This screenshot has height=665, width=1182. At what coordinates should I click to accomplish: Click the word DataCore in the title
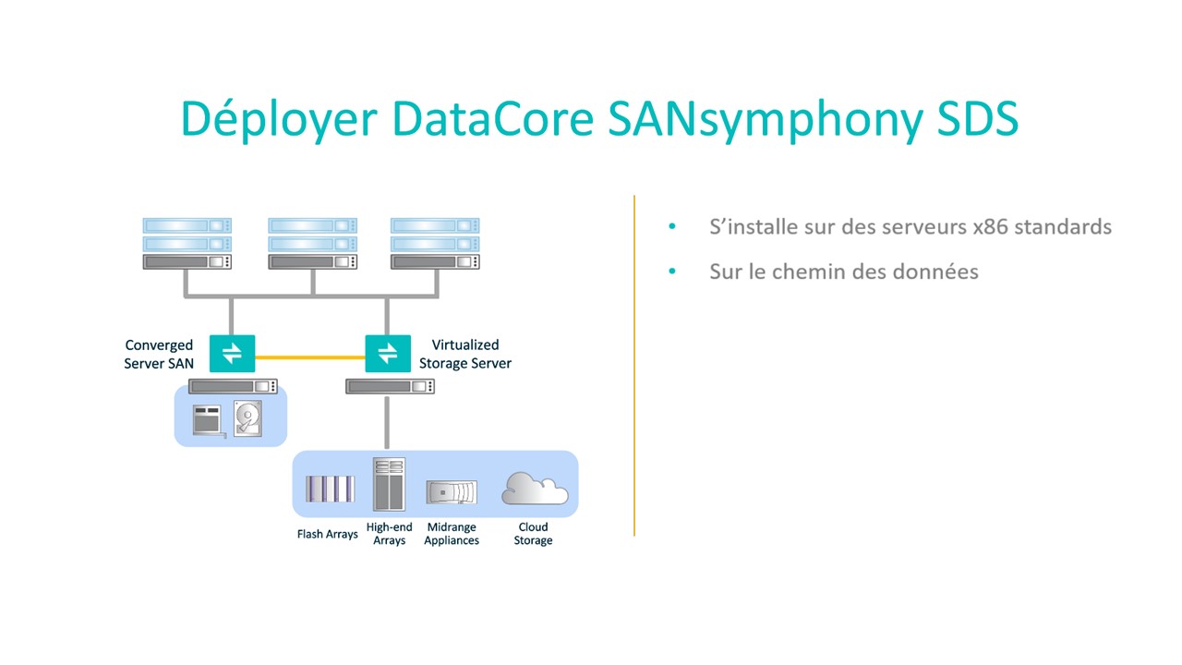click(x=493, y=118)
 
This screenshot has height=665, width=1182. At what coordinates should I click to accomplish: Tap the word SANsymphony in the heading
click(x=766, y=121)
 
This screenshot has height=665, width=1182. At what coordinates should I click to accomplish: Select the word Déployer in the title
click(x=279, y=120)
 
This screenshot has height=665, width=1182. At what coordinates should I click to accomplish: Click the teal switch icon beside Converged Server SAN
click(x=232, y=354)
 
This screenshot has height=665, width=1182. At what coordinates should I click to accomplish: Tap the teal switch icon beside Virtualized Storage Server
click(x=388, y=354)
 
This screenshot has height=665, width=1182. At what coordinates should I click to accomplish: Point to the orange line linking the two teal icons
click(x=310, y=357)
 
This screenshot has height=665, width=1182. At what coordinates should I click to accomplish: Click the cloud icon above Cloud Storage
click(x=535, y=489)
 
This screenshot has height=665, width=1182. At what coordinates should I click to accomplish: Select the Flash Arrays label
click(x=327, y=534)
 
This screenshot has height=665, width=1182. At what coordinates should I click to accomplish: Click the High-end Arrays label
click(x=389, y=534)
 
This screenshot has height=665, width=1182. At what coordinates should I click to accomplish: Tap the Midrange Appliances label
click(x=452, y=534)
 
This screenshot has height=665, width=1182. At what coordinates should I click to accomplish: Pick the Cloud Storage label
click(x=533, y=534)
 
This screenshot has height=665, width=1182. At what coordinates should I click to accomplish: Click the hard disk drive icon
click(x=247, y=418)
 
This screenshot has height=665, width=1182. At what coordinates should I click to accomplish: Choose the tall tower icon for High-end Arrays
click(x=390, y=484)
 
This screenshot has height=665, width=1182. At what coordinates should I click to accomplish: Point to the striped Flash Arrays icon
click(x=330, y=489)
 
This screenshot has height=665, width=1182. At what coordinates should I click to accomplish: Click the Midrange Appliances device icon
click(x=452, y=492)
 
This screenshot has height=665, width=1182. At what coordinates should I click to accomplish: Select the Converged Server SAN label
click(x=159, y=354)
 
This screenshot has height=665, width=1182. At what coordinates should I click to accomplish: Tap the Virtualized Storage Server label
click(x=464, y=354)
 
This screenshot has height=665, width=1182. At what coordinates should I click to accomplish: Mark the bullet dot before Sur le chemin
click(x=671, y=272)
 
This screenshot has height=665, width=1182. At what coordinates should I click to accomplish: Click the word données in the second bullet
click(x=937, y=272)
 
